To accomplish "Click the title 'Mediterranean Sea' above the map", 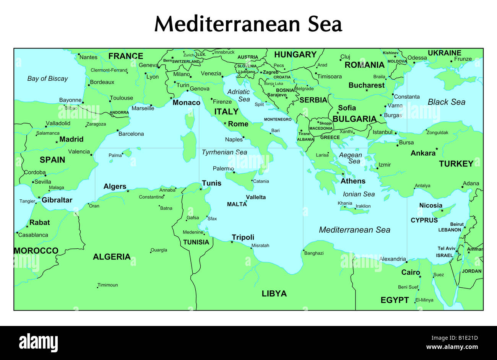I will click(x=248, y=24).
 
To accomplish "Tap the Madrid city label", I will click(x=71, y=139).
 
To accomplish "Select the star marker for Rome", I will click(x=225, y=123).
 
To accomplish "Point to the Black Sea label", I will click(x=447, y=102).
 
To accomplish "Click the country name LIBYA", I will click(x=274, y=293).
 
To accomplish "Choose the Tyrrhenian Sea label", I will click(x=224, y=152).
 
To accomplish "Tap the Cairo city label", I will click(x=411, y=272).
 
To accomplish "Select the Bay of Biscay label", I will click(x=47, y=78).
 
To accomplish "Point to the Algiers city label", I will click(x=115, y=186).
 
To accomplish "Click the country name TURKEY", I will click(x=456, y=164).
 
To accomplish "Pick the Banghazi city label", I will click(x=314, y=253).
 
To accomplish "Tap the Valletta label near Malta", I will click(x=256, y=197).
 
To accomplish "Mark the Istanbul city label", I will click(x=382, y=132).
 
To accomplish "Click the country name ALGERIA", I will click(x=112, y=257).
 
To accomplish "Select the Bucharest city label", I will click(x=366, y=85).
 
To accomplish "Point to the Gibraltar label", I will click(x=57, y=200).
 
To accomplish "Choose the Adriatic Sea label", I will click(x=239, y=95).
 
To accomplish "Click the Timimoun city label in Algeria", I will click(x=108, y=285).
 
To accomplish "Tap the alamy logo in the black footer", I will click(x=39, y=342).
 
